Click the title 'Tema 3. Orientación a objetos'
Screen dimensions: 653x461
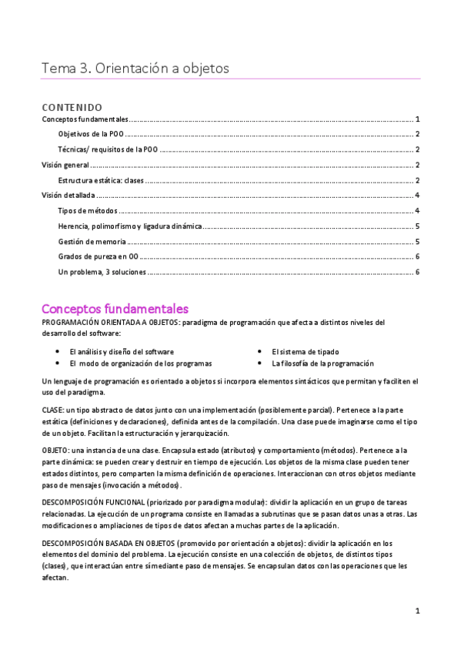tap(135, 69)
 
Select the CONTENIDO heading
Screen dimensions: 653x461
tap(72, 107)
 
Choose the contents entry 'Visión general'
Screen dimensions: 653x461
tap(65, 165)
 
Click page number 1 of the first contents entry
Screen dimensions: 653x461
tap(416, 119)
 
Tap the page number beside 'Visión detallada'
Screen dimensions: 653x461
tap(416, 196)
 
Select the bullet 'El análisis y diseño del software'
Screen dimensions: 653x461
tap(122, 351)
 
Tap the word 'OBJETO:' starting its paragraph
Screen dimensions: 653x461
tap(55, 449)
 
